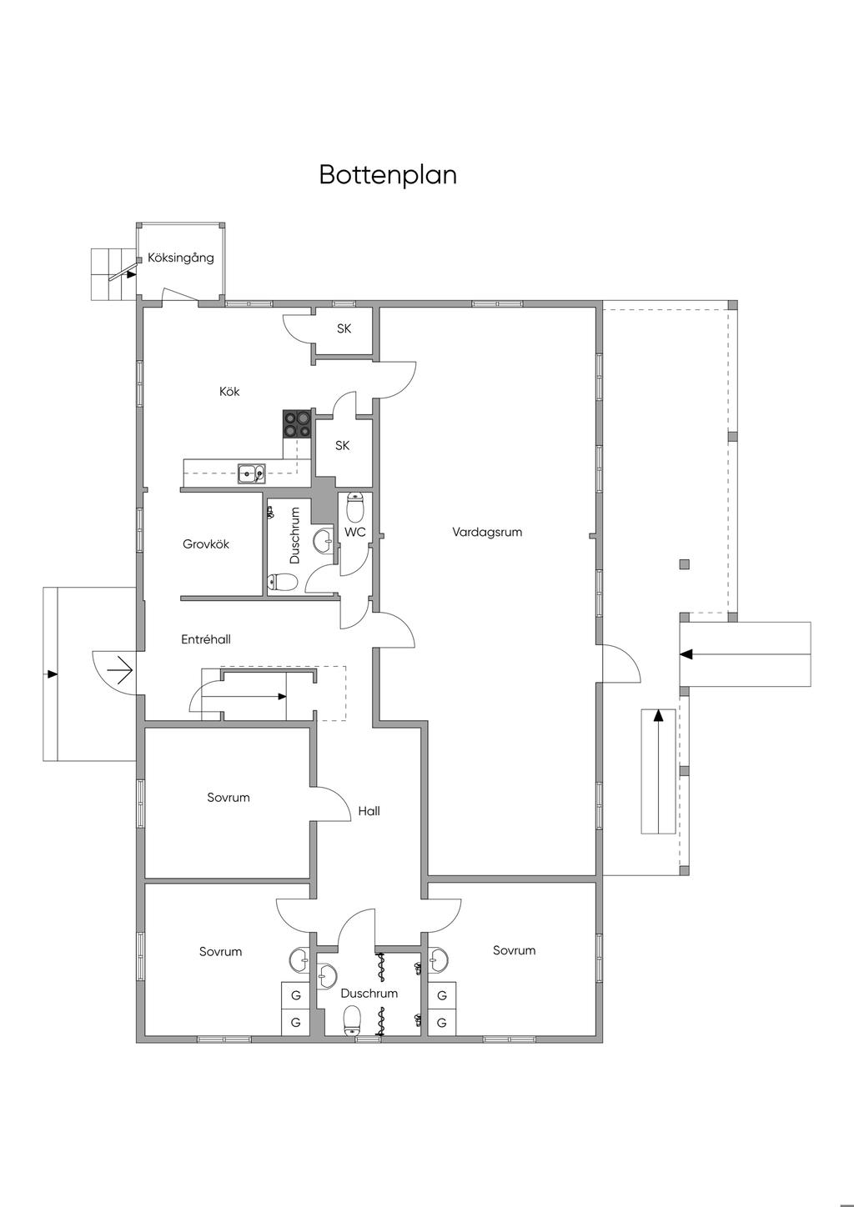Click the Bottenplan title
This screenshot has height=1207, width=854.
[388, 175]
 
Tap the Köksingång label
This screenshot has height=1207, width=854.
[181, 258]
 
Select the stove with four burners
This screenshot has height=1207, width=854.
[297, 424]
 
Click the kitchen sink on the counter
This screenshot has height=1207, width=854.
[251, 473]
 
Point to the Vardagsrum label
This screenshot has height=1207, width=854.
[487, 533]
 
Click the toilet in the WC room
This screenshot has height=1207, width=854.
[355, 508]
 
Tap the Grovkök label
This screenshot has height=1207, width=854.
[206, 544]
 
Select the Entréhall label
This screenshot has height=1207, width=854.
[206, 639]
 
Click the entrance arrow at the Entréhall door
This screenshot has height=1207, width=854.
[120, 671]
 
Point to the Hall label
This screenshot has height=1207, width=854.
[369, 811]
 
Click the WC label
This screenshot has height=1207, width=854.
[355, 533]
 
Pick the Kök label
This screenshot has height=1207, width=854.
[229, 391]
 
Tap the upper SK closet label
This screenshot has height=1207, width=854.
[344, 328]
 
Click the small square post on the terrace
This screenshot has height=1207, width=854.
[685, 564]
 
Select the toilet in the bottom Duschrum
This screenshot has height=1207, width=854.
[352, 1020]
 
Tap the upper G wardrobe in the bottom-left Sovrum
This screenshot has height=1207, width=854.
[296, 995]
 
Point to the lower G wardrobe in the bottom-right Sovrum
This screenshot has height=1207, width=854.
[442, 1022]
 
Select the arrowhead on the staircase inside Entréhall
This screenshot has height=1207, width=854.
[282, 697]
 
